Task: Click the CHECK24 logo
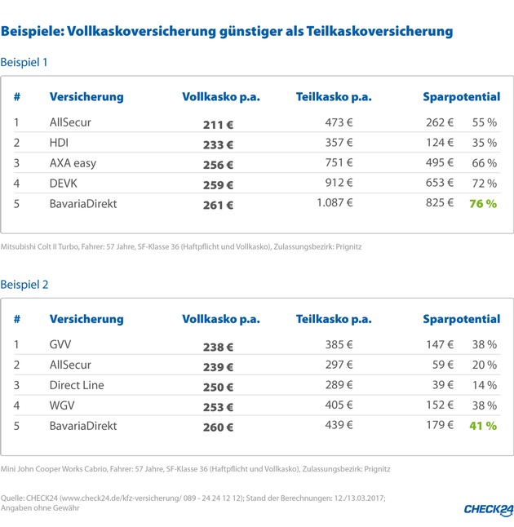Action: coord(476,508)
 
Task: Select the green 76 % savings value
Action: coord(482,203)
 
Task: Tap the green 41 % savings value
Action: coord(482,425)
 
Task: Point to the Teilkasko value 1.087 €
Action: coord(334,203)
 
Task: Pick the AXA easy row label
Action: coord(73,163)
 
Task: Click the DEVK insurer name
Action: coord(64,184)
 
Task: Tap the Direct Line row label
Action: coord(77,385)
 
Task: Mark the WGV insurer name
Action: coord(64,405)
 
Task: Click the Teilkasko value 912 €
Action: coord(339,184)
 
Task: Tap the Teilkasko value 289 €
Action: coord(339,385)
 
